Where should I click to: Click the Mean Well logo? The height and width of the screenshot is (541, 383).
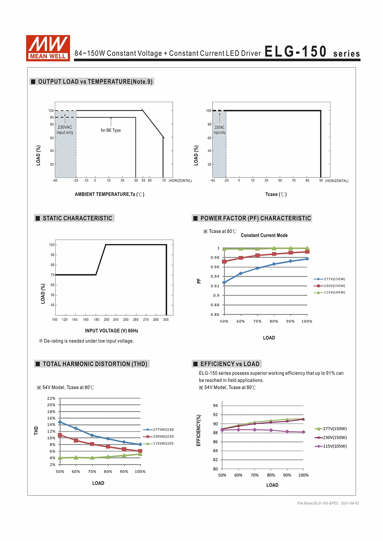pos(48,48)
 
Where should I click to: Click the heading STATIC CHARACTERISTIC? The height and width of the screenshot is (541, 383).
pos(77,218)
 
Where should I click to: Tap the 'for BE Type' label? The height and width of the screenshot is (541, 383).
pos(111,130)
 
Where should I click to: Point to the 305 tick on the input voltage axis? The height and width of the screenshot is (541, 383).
pos(166,319)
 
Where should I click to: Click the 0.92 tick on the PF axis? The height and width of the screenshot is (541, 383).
pos(215,286)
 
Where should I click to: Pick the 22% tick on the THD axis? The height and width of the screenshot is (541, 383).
pos(51,398)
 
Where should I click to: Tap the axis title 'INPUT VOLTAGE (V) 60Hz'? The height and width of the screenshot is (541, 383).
pos(111,331)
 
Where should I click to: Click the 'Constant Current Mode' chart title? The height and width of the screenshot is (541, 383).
pos(264,235)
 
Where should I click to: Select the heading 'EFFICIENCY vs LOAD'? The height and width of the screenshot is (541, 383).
pos(230,364)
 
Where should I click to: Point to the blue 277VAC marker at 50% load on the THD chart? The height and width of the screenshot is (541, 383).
pos(60,422)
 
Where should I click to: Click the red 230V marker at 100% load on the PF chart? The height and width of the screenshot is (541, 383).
pos(307,251)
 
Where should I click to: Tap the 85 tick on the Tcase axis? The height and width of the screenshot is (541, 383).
pos(307,181)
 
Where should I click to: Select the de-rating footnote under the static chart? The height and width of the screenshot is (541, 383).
pos(86,341)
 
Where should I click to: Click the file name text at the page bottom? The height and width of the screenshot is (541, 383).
pos(328,504)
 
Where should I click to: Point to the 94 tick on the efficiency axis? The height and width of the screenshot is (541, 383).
pos(215,406)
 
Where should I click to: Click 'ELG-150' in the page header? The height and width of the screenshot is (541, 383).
pos(295,52)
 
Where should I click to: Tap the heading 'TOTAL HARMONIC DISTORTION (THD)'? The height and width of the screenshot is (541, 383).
pos(95,364)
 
